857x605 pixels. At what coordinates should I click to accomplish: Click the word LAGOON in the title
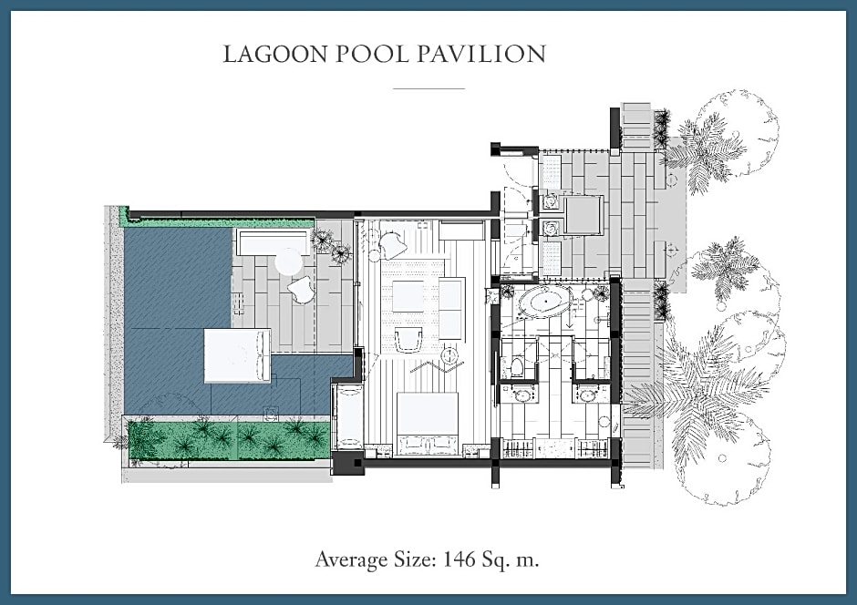point(275,54)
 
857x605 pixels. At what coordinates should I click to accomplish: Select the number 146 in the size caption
point(459,559)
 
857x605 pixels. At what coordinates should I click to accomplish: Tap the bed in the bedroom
point(427,424)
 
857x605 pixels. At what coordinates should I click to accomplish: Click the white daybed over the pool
point(237,355)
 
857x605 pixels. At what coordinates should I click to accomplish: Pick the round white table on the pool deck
point(290,262)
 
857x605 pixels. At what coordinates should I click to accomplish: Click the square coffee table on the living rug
point(408,296)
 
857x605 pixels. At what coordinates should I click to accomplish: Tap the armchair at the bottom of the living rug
point(408,340)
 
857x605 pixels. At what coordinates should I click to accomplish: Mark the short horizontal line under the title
point(429,88)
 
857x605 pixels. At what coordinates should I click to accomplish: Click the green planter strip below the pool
point(229,440)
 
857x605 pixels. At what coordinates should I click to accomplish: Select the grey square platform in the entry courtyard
point(584,215)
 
